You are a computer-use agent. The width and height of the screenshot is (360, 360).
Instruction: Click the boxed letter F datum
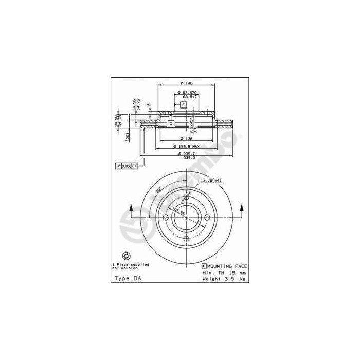pos(183,105)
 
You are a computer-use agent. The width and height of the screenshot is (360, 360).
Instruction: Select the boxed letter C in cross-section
pos(170,123)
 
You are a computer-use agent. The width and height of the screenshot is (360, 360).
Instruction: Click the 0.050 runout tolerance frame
pos(128,166)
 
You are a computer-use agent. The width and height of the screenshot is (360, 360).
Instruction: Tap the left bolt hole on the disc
pos(166,218)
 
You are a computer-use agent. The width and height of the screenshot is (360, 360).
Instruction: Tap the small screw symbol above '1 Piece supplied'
pos(127,256)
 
